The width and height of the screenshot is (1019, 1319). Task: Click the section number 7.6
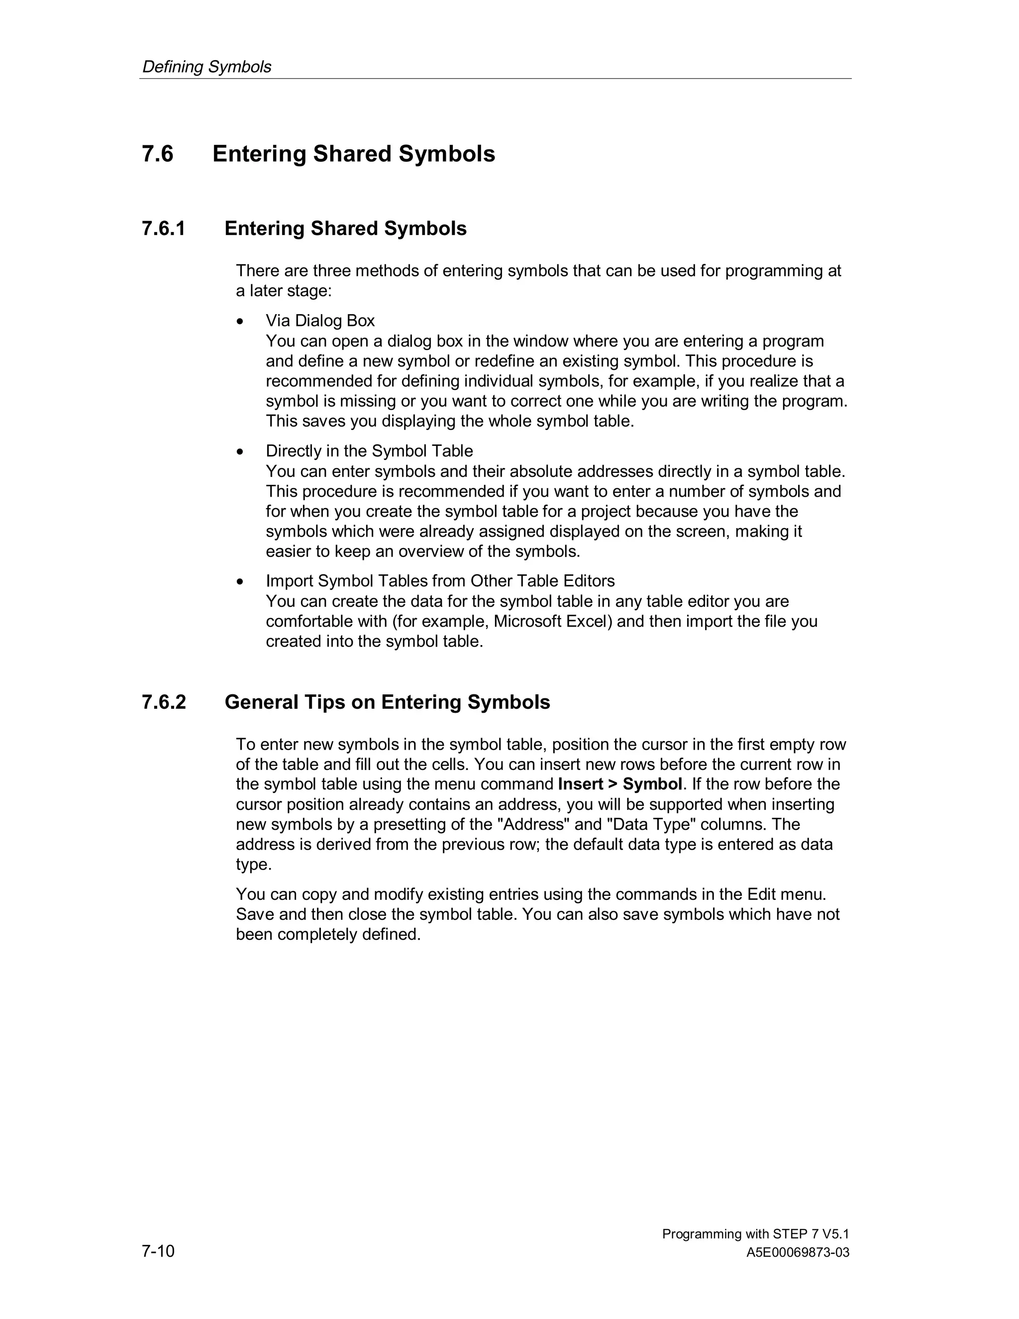(158, 154)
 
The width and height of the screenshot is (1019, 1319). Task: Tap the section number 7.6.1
(164, 229)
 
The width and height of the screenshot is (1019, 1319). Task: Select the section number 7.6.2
(164, 702)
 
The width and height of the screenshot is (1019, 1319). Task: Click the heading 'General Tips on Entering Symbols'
(387, 702)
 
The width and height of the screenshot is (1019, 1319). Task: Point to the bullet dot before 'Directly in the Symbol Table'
(240, 452)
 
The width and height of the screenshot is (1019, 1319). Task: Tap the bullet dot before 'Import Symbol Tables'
(240, 581)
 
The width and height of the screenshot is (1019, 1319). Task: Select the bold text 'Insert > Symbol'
(620, 784)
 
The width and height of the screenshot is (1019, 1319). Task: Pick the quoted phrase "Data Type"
(651, 824)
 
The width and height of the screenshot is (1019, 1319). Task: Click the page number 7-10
(158, 1251)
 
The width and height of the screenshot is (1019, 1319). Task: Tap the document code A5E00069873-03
(798, 1253)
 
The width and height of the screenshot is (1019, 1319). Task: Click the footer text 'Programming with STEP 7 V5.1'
(755, 1234)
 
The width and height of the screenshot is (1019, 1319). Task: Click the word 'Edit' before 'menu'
(761, 894)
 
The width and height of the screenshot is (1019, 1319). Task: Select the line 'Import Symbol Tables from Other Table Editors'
(440, 581)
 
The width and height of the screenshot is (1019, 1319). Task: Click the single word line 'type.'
(254, 865)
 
